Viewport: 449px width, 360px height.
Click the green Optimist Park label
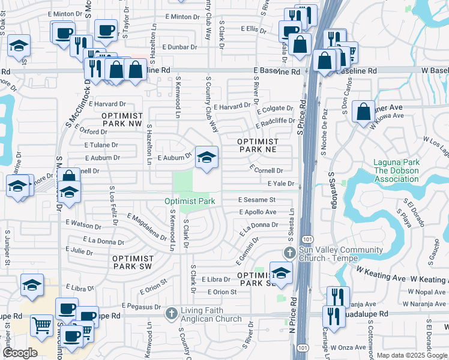pyautogui.click(x=190, y=201)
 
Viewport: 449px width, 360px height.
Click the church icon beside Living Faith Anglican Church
pyautogui.click(x=171, y=313)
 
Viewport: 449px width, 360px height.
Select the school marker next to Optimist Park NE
pyautogui.click(x=206, y=158)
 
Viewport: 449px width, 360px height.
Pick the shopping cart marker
pyautogui.click(x=41, y=326)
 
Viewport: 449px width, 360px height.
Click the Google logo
pyautogui.click(x=20, y=353)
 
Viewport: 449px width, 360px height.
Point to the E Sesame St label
pyautogui.click(x=256, y=199)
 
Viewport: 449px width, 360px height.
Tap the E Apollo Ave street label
pyautogui.click(x=258, y=212)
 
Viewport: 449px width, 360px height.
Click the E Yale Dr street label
pyautogui.click(x=282, y=184)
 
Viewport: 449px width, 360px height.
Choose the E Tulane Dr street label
pyautogui.click(x=101, y=145)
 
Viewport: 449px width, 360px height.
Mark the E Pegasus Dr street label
pyautogui.click(x=140, y=306)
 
